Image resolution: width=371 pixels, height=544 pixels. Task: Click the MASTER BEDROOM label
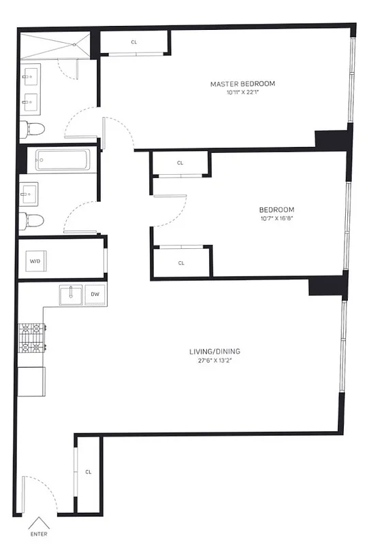tap(242, 84)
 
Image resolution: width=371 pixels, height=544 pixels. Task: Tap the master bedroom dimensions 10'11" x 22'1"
tap(242, 92)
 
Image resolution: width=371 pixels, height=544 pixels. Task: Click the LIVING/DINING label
tap(214, 352)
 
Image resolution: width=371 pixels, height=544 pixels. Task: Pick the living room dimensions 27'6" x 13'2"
tap(214, 360)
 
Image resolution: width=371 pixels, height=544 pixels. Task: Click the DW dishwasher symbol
tap(95, 295)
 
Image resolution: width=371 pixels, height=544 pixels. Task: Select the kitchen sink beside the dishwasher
tap(70, 295)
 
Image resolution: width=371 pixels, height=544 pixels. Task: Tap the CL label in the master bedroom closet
tap(134, 42)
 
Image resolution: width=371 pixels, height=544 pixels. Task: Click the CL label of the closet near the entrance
tap(88, 471)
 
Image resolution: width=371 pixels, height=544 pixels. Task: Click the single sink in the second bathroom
tap(29, 194)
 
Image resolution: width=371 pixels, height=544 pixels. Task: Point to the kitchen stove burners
tap(31, 340)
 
